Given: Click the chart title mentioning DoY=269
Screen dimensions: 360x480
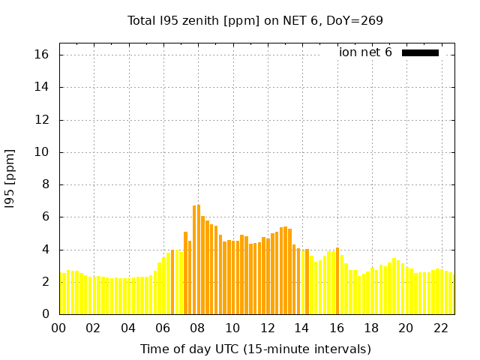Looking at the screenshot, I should click(x=255, y=20).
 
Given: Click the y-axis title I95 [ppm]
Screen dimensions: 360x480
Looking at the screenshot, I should click(x=10, y=178).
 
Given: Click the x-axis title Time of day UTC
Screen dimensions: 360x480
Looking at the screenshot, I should click(x=255, y=349).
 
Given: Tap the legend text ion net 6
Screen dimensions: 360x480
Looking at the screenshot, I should click(x=365, y=52).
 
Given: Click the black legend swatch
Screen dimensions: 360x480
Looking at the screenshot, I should click(x=420, y=52).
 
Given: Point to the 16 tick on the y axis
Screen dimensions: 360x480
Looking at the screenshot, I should click(x=41, y=55).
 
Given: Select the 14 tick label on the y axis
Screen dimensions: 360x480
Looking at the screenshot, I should click(x=41, y=87).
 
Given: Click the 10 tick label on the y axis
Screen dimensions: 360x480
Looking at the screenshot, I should click(x=41, y=152).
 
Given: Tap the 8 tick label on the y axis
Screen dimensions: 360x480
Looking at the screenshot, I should click(x=44, y=184).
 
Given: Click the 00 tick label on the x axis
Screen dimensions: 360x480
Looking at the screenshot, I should click(x=58, y=328).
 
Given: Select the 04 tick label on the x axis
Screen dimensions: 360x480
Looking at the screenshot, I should click(x=128, y=328).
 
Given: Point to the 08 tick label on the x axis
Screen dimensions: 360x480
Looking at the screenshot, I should click(x=197, y=328).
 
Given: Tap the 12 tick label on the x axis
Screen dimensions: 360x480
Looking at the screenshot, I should click(x=267, y=328).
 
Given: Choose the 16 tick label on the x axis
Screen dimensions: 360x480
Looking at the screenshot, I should click(x=336, y=328).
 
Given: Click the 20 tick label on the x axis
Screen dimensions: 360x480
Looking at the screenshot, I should click(x=406, y=328).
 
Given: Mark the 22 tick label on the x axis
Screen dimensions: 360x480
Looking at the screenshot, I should click(x=440, y=328).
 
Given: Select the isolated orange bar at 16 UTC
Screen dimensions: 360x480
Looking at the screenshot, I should click(x=337, y=280).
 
